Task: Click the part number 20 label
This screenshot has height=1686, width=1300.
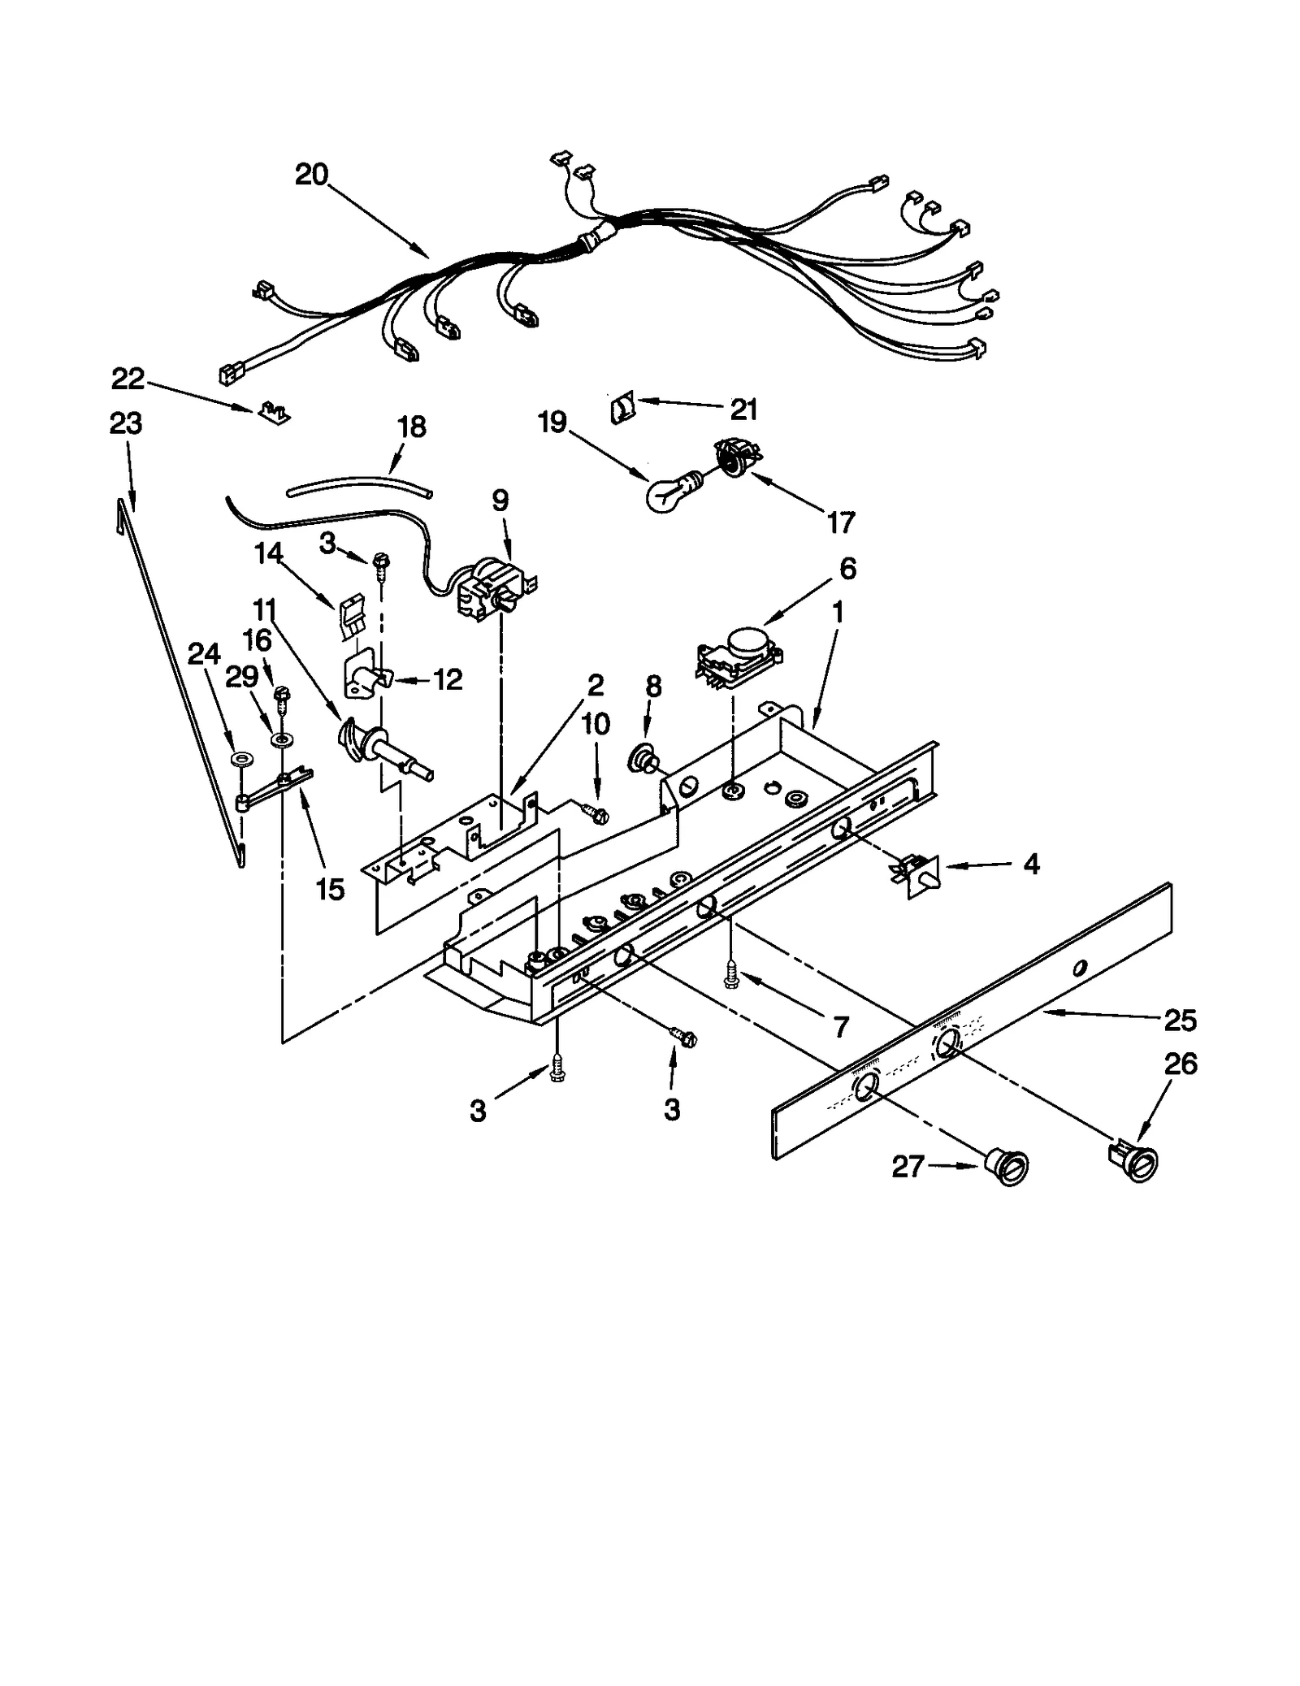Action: (x=311, y=175)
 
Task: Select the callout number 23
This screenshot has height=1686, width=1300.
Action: (x=126, y=423)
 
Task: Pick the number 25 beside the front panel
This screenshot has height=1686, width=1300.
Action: (x=1180, y=1020)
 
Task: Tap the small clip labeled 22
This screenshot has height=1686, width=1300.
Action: (x=275, y=414)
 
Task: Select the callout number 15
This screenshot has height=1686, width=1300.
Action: (x=331, y=889)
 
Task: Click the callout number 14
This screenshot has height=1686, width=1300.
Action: (x=268, y=553)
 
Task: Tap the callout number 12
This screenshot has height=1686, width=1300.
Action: (x=448, y=678)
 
